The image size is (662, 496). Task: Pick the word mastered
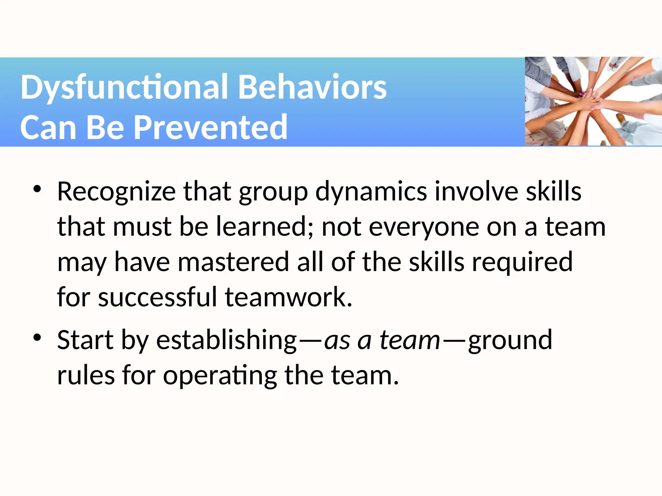[x=233, y=262]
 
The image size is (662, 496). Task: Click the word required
[x=522, y=262]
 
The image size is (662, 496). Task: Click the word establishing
[x=226, y=340]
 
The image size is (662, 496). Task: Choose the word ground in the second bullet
[x=510, y=340]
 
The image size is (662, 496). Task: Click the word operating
[x=220, y=375]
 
